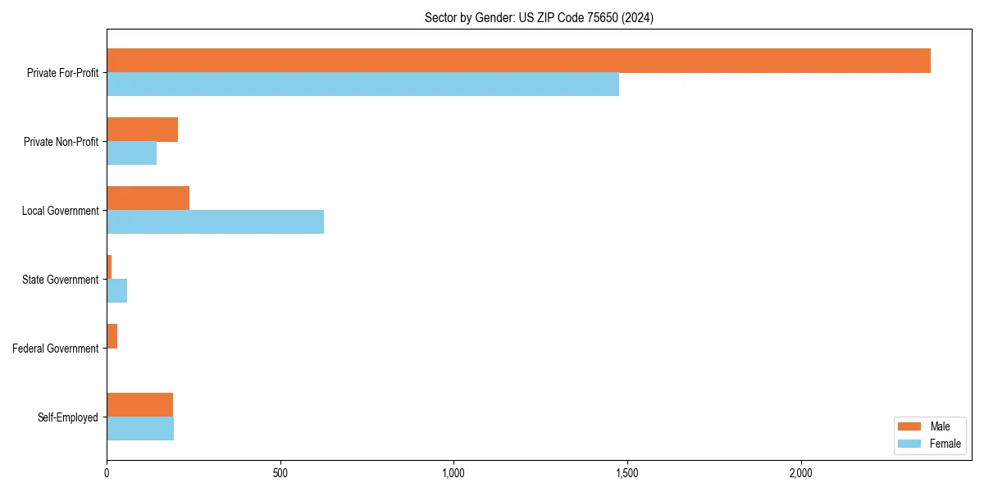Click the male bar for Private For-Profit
coord(518,61)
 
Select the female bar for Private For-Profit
coord(362,84)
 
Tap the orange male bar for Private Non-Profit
coord(142,130)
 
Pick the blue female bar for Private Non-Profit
coord(131,153)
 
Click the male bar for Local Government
coord(148,198)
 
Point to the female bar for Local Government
coord(215,222)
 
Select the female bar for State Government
coord(116,291)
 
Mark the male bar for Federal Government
coord(112,336)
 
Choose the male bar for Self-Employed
coord(139,405)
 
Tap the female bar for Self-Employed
coord(140,429)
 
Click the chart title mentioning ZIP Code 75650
coord(539,17)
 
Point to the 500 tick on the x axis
coord(280,473)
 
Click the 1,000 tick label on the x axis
coord(453,473)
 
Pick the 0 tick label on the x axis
coord(107,473)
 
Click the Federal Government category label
coord(55,348)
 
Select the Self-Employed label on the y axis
coord(67,417)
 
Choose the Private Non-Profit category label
coord(61,142)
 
